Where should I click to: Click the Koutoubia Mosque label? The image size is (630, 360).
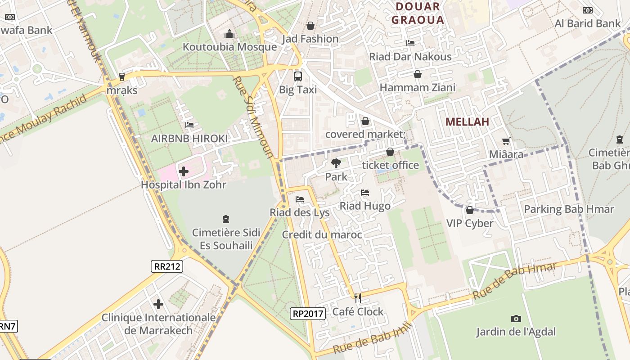[229, 47]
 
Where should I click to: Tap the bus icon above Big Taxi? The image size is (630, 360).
[297, 76]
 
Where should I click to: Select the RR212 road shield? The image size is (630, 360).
[167, 266]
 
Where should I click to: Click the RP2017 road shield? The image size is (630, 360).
[308, 314]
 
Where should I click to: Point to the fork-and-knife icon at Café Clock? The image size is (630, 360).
[358, 298]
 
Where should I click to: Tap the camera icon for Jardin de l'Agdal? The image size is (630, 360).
[516, 319]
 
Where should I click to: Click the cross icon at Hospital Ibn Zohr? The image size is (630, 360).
[184, 171]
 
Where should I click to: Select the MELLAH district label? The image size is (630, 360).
[467, 121]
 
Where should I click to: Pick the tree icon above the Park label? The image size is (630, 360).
[336, 163]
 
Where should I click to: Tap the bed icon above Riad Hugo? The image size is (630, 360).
[365, 193]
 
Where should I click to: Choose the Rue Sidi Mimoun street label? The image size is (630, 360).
[253, 117]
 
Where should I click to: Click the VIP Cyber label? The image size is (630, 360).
[470, 223]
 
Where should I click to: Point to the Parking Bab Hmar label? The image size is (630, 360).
[569, 209]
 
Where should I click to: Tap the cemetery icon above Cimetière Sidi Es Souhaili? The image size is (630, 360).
[226, 219]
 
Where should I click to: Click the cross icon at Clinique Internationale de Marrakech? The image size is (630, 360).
[158, 304]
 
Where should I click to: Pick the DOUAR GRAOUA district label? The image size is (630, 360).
[417, 13]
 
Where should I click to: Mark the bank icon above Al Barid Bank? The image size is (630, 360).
[587, 10]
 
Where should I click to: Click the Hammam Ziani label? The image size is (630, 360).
[417, 87]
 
